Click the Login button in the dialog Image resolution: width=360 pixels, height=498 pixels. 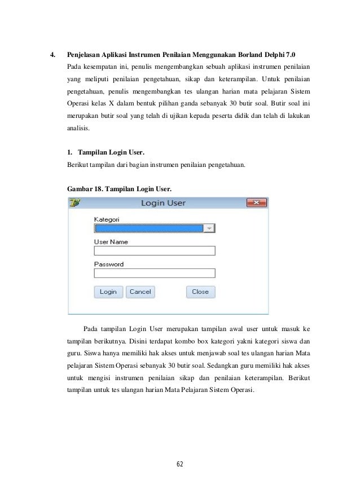(x=108, y=292)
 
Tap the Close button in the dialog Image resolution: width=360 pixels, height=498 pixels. (x=200, y=292)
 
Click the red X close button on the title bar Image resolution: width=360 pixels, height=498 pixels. (x=256, y=203)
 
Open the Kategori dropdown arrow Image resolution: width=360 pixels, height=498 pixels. (x=209, y=228)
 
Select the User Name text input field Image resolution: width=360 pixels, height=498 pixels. (x=155, y=251)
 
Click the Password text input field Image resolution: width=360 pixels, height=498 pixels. (x=155, y=273)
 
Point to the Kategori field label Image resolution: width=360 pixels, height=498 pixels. (x=106, y=219)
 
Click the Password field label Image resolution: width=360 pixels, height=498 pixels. (x=108, y=264)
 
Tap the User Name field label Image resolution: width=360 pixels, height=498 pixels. (x=111, y=242)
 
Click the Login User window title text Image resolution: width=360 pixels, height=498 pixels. (x=163, y=203)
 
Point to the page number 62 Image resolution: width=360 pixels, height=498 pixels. (x=179, y=465)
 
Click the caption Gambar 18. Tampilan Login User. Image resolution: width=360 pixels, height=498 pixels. (x=120, y=187)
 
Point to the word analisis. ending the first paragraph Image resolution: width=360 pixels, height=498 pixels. (x=77, y=129)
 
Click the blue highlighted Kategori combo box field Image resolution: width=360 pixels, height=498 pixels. (x=149, y=228)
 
